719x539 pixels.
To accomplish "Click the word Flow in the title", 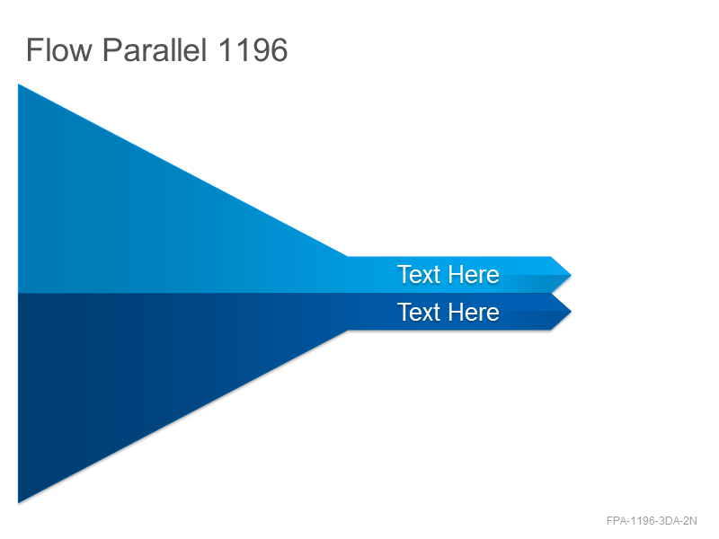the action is (x=59, y=49).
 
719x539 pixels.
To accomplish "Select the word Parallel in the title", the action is (x=155, y=49).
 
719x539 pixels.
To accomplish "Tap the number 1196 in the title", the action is (x=253, y=50).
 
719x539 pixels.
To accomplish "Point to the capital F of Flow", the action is (x=34, y=49).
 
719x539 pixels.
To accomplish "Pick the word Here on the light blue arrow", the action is (x=474, y=275).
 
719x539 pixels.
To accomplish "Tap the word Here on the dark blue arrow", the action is (x=474, y=312).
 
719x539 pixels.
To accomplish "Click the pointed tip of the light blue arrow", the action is (x=572, y=275).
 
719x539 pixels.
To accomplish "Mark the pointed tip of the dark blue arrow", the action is (x=572, y=312).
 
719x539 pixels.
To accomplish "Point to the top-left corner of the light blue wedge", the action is (x=18, y=84).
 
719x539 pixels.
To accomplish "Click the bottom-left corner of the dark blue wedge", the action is (x=18, y=503).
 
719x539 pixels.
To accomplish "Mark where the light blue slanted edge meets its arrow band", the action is (x=348, y=257).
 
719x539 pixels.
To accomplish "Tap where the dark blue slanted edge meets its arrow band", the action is (x=348, y=330).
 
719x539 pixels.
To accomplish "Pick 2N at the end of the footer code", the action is (x=690, y=521).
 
